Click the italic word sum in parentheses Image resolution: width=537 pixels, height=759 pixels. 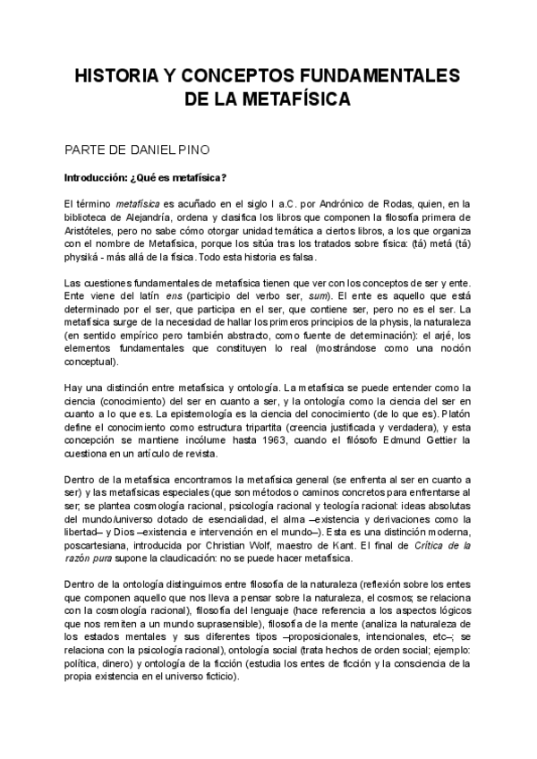pos(316,295)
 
